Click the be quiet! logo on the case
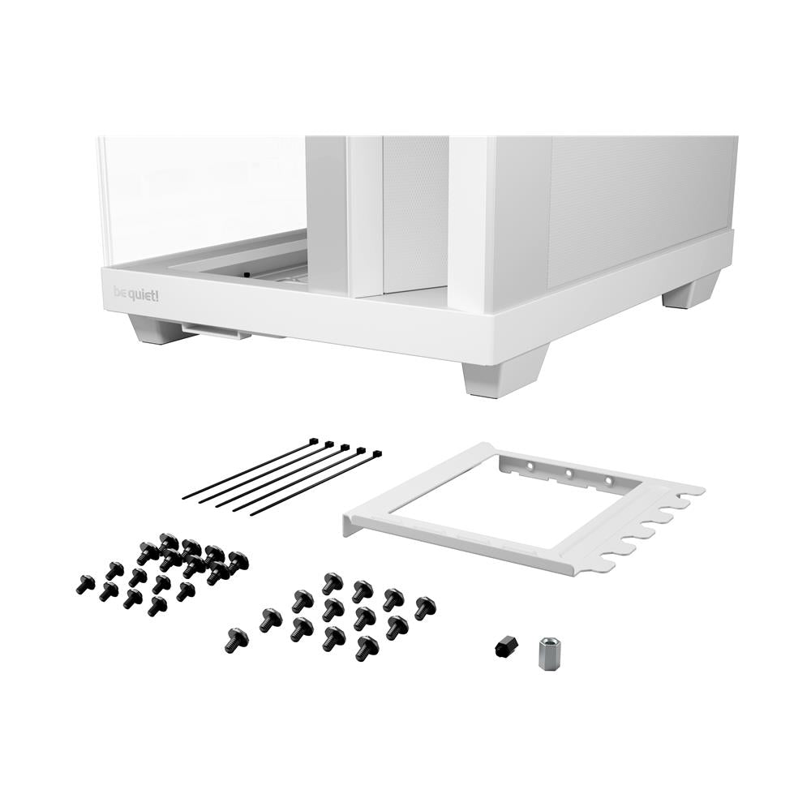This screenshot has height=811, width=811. (136, 294)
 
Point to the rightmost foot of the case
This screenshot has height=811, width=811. (691, 291)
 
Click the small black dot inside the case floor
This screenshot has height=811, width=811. (246, 275)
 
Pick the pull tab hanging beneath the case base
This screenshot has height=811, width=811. (215, 330)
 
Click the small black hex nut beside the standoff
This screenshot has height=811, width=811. (505, 646)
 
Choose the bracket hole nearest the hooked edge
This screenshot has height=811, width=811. (609, 480)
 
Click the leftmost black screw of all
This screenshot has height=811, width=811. (85, 583)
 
